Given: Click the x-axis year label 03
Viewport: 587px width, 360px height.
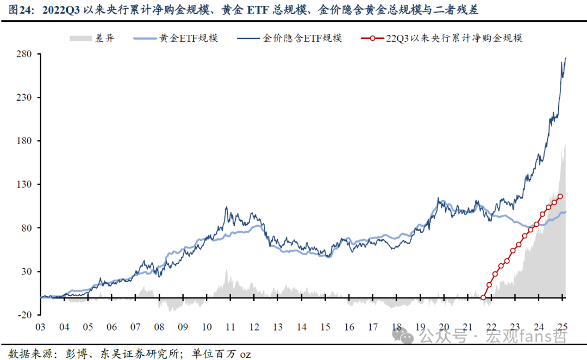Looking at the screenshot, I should (x=40, y=327).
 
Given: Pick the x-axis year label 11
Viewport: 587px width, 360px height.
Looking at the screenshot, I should (x=230, y=327).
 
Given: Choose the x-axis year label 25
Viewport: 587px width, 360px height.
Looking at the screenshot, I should (x=563, y=327).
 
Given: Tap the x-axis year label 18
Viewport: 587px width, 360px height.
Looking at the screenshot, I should (x=397, y=327).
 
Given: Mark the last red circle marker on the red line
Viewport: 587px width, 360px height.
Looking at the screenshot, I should (x=560, y=196).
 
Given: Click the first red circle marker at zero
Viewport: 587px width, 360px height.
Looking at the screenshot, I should (x=483, y=297).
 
